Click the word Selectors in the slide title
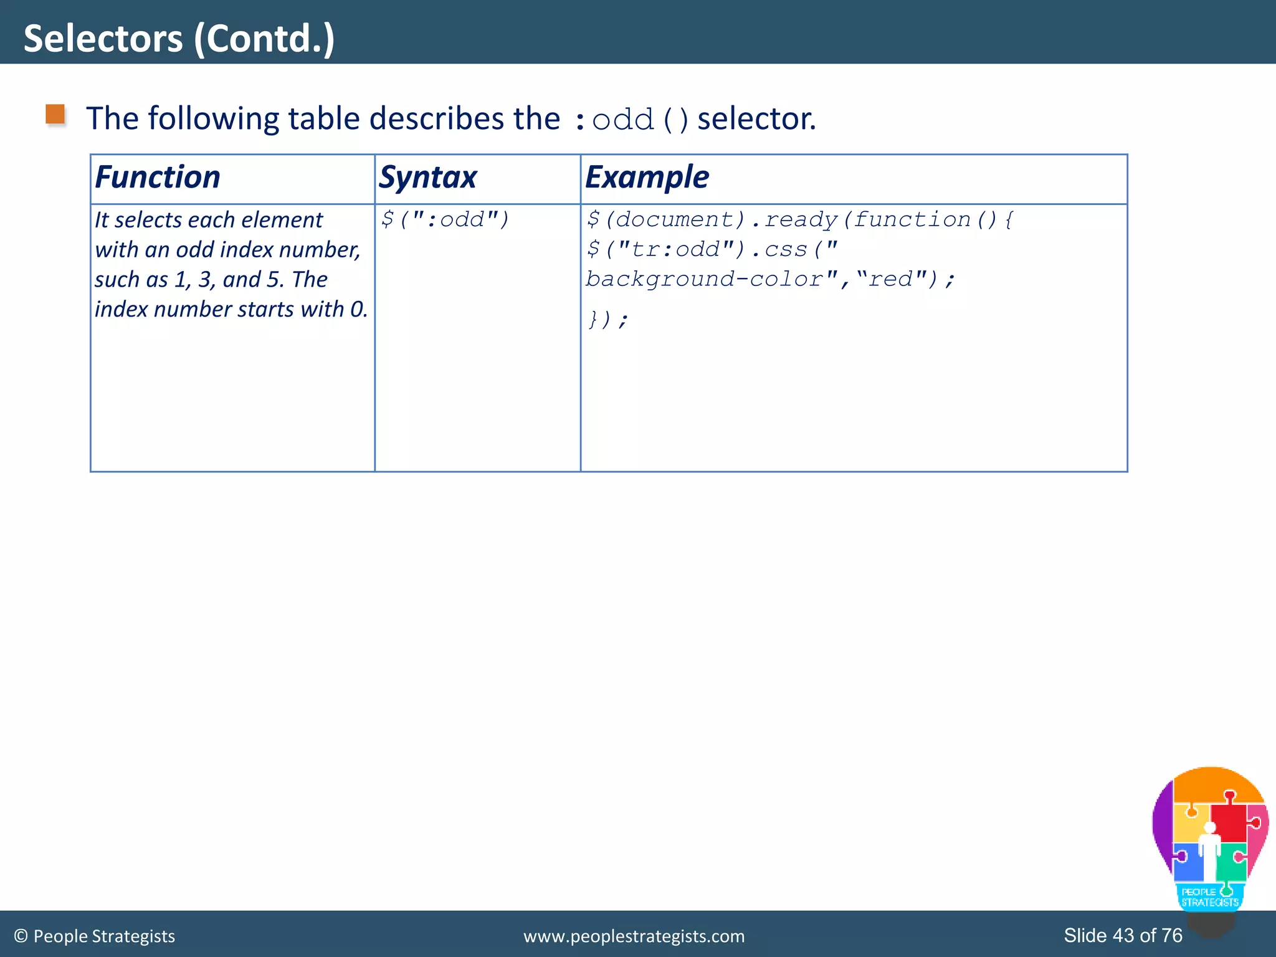click(103, 39)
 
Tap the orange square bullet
click(55, 115)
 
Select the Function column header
click(158, 177)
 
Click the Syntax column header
click(428, 177)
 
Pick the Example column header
click(647, 177)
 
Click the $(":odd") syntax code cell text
click(445, 219)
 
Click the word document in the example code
click(680, 219)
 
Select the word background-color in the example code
click(704, 279)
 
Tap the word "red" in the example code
click(890, 279)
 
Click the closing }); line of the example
click(607, 320)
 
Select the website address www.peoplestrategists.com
click(634, 936)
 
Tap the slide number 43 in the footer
click(1123, 935)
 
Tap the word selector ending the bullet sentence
click(755, 118)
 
